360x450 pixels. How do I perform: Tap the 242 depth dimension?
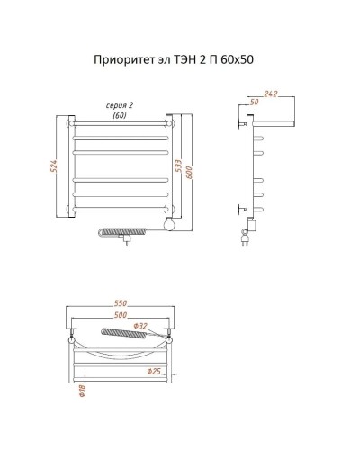tap(271, 94)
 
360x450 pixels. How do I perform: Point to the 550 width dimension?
tap(121, 302)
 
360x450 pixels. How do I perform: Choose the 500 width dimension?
tap(121, 315)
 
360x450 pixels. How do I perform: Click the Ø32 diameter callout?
tap(139, 325)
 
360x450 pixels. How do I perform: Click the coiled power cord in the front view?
tap(125, 233)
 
